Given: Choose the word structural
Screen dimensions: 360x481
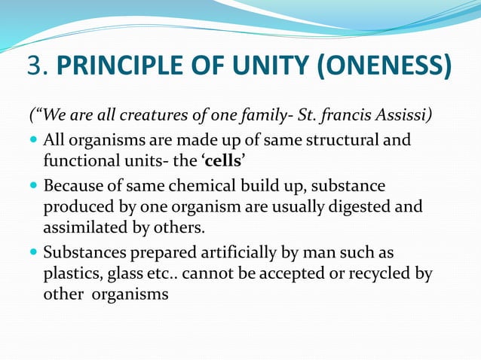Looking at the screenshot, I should point(342,140).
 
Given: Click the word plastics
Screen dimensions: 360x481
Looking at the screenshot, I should point(69,273).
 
